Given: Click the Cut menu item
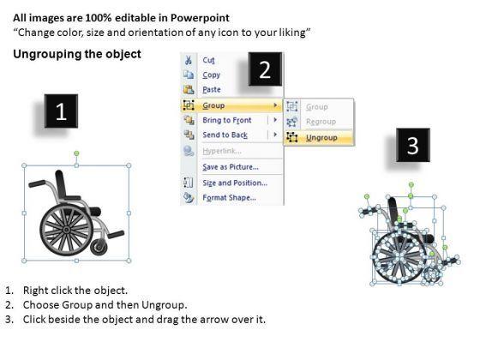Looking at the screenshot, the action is (x=208, y=60).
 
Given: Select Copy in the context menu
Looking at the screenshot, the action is (x=211, y=75).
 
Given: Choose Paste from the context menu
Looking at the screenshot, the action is (x=212, y=89).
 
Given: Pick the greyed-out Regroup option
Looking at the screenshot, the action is (x=321, y=122).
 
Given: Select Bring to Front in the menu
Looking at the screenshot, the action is (x=227, y=120).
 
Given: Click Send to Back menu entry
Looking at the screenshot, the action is (x=225, y=135).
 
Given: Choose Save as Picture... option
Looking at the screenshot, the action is (x=231, y=167).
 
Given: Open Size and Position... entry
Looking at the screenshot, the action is (x=235, y=183).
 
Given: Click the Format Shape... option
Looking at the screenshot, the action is (x=229, y=198).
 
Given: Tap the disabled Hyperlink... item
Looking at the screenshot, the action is (x=222, y=151).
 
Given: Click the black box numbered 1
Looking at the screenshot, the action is (x=61, y=111).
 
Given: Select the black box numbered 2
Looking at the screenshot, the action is (x=265, y=69).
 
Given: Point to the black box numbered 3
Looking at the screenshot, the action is (x=413, y=145).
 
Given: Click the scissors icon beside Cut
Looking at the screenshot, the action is (x=189, y=60).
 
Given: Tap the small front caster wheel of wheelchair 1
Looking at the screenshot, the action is (x=99, y=248).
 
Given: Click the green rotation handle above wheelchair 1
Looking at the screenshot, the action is (x=77, y=153).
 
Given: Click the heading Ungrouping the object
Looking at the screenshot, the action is (x=77, y=54).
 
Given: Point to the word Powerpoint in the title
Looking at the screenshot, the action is (x=200, y=18).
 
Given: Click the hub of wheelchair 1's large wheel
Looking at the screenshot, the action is (x=67, y=230).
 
